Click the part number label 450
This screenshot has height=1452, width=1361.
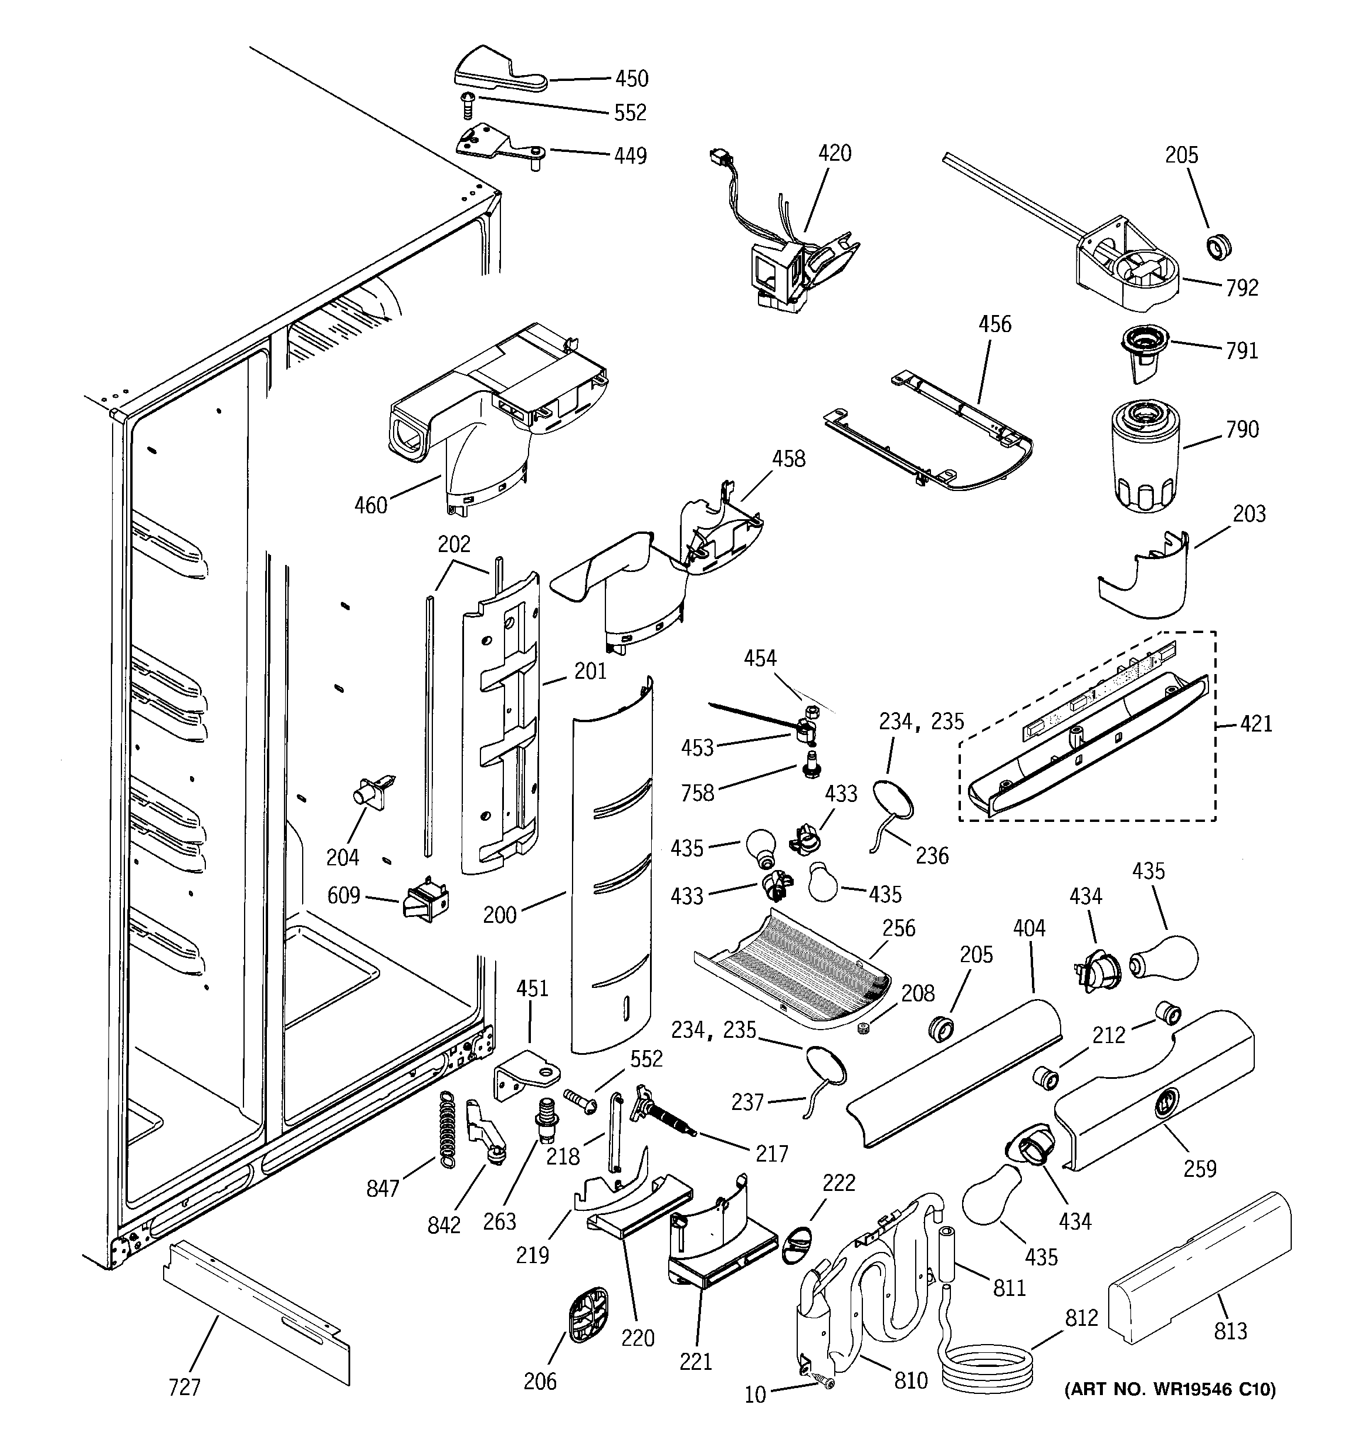coord(631,79)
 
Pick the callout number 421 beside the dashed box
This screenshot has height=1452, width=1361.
coord(1256,724)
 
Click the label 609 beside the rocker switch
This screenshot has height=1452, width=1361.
coord(343,895)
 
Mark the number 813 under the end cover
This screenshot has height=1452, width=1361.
coord(1230,1332)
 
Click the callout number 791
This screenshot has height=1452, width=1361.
coord(1242,351)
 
